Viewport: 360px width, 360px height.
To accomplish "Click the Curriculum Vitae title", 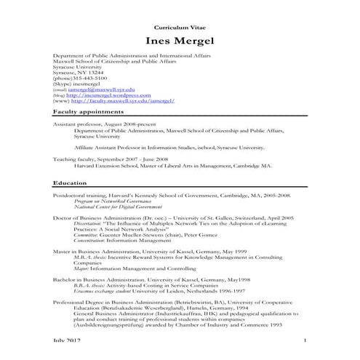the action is [180, 25].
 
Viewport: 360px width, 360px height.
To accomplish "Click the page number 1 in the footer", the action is [305, 340].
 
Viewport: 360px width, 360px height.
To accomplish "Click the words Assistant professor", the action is [76, 124].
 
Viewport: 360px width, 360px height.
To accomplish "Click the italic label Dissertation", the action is [89, 223].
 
